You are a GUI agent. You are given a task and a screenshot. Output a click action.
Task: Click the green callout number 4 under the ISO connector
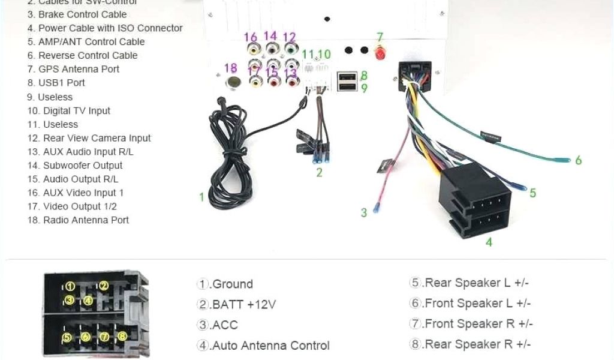point(489,242)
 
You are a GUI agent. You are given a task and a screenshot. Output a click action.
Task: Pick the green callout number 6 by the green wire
point(578,160)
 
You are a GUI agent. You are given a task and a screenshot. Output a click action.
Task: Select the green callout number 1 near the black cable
point(201,196)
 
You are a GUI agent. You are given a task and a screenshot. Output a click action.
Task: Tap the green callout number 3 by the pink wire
point(363,212)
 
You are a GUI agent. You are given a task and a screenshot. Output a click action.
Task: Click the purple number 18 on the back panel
point(231,67)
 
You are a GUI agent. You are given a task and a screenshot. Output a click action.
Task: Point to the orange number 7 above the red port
point(380,38)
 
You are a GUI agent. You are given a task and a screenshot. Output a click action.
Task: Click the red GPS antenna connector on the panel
point(380,54)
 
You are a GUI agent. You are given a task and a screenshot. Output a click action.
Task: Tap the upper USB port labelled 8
point(347,77)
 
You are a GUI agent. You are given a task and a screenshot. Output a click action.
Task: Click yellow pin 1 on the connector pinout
point(71,286)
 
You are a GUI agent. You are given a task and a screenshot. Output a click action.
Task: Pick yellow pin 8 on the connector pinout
point(122,337)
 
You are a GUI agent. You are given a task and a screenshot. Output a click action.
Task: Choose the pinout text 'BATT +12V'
point(237,305)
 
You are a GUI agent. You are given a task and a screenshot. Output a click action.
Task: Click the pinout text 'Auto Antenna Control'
point(263,346)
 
